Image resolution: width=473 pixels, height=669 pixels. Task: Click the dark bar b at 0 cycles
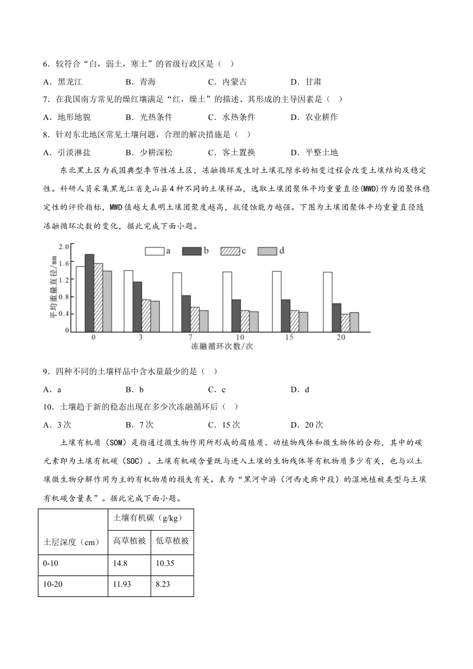(x=89, y=293)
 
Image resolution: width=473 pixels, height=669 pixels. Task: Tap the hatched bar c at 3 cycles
(x=146, y=316)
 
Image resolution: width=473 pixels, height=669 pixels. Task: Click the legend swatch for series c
(x=230, y=251)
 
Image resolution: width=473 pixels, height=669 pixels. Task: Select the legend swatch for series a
(x=154, y=251)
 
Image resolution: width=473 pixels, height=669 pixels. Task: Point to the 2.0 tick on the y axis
(x=63, y=246)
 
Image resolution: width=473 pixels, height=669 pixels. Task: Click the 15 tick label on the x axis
(x=290, y=337)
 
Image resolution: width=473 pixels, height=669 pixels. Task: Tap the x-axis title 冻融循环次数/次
(x=222, y=346)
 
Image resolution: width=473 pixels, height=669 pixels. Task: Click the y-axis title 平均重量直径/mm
(x=53, y=287)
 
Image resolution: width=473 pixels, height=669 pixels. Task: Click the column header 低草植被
(x=172, y=541)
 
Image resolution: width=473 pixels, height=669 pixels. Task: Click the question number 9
(x=46, y=371)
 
